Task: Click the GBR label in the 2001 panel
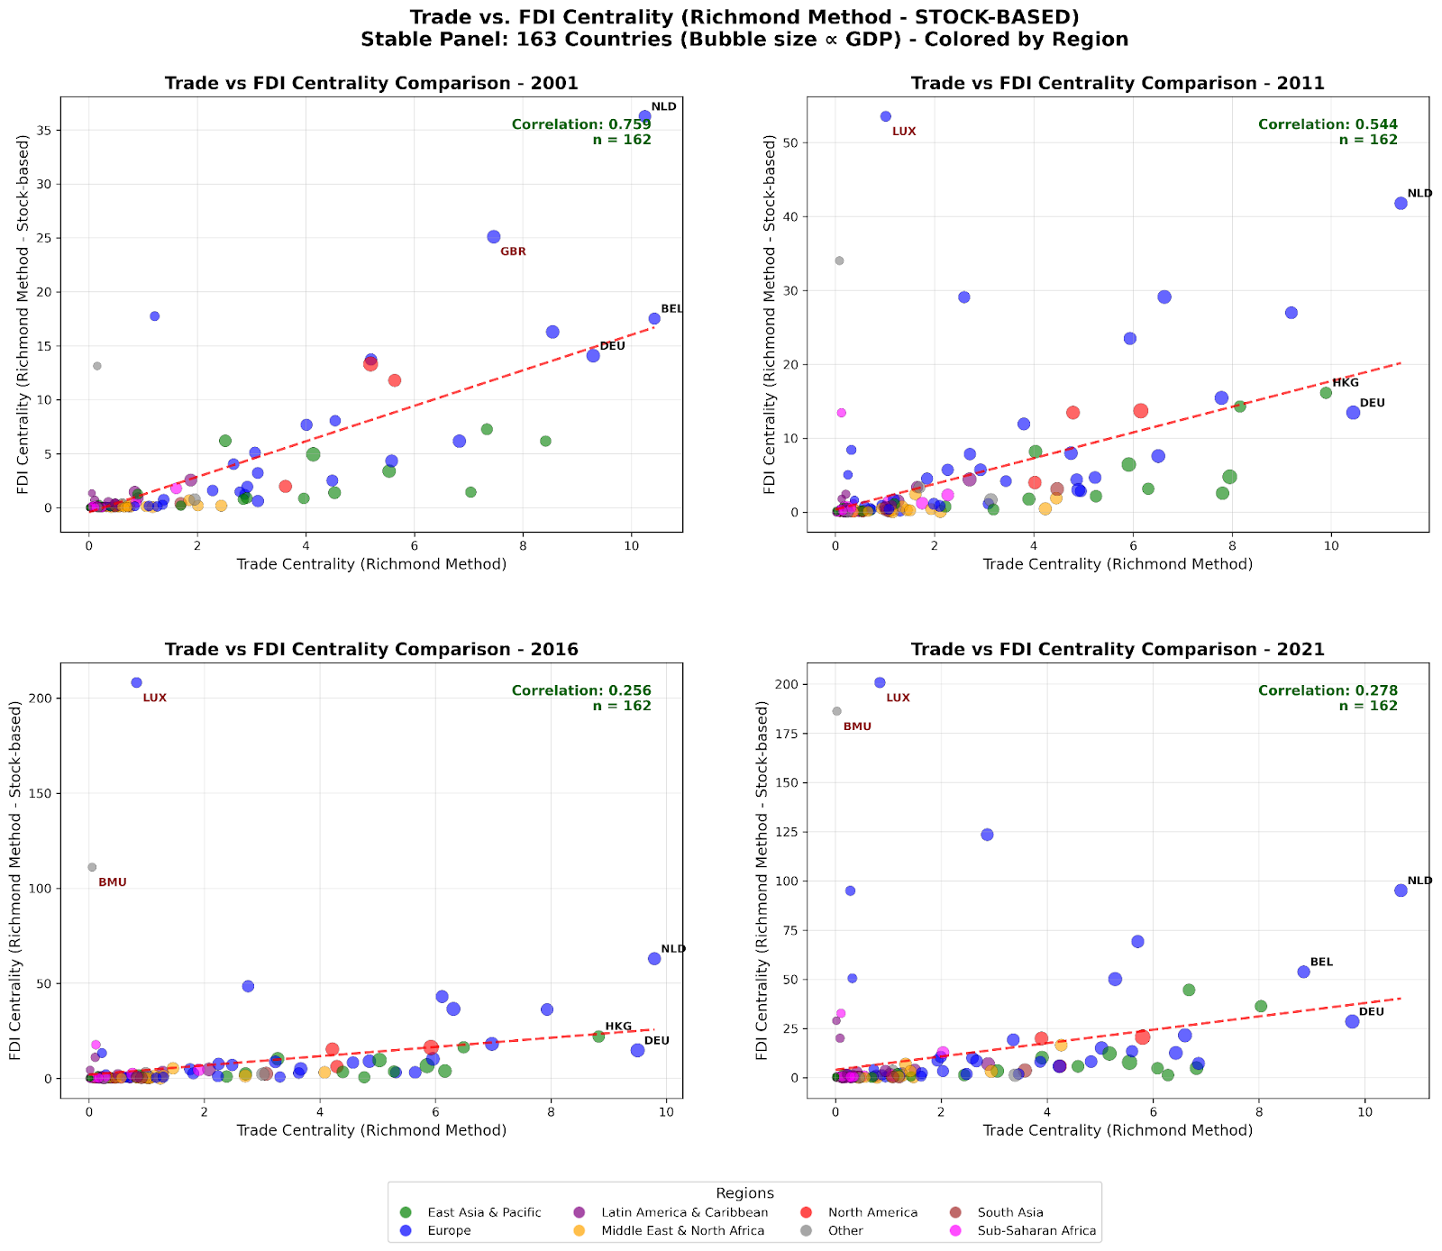(513, 252)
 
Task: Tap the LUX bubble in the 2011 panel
(885, 116)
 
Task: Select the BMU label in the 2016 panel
(113, 883)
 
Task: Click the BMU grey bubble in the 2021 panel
(836, 711)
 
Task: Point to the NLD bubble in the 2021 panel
(1401, 890)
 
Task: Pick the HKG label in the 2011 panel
(1346, 383)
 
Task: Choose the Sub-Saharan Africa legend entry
(1036, 1231)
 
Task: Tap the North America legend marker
(808, 1212)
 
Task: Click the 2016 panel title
(371, 650)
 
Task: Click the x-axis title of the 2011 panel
(1118, 564)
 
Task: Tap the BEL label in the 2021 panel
(1321, 963)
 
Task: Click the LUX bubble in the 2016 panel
(136, 682)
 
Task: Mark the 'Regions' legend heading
(744, 1193)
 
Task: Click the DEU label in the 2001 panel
(612, 347)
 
